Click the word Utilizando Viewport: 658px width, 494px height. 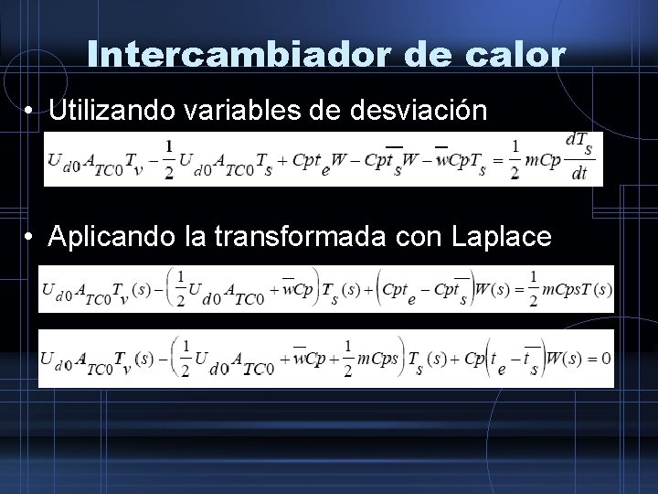tap(114, 113)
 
